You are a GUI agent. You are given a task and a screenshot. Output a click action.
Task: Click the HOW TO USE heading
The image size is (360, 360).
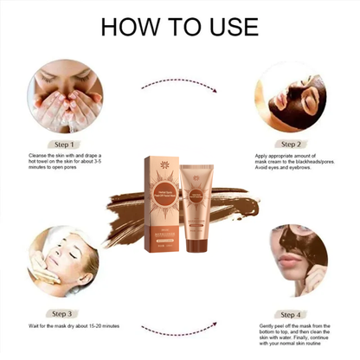[180, 26]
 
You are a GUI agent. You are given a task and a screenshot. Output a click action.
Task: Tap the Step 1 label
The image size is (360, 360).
[66, 145]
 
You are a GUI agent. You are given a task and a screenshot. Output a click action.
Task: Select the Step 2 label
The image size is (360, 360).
[291, 145]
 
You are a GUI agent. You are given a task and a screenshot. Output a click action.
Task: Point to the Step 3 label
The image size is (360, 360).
[66, 313]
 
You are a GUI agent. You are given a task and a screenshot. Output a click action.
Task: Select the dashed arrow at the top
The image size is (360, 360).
[179, 83]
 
